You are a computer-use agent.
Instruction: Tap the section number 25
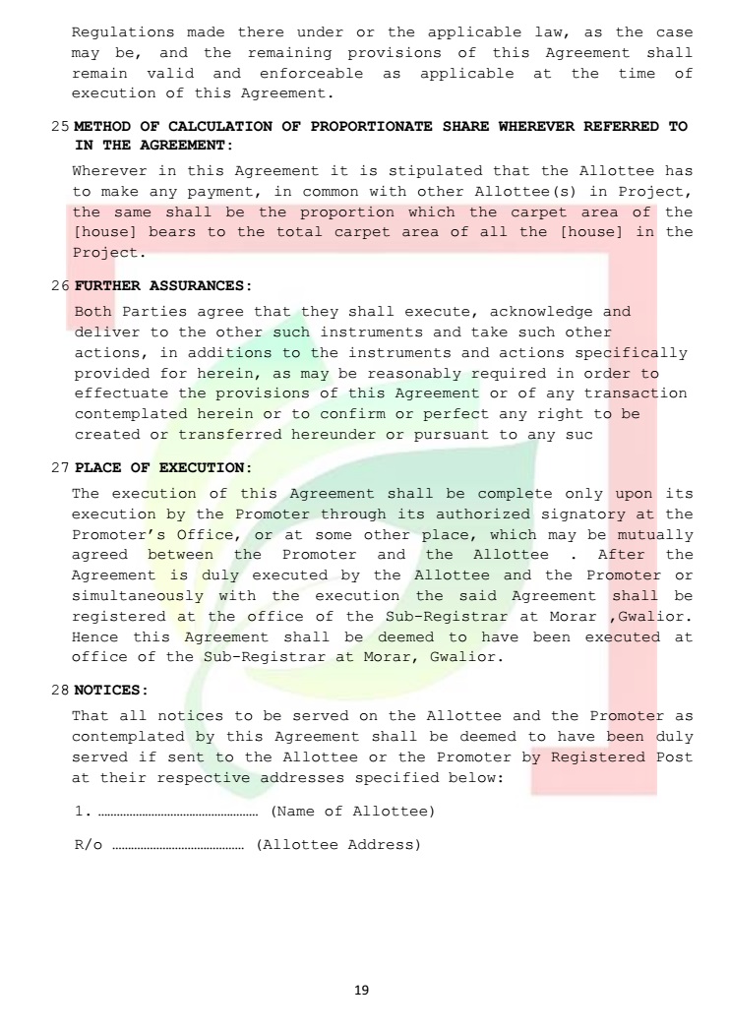(x=59, y=127)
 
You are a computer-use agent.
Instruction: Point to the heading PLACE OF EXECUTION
(x=162, y=466)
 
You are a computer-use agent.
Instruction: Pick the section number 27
(x=59, y=466)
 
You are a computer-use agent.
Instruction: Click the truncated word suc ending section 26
(x=579, y=435)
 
